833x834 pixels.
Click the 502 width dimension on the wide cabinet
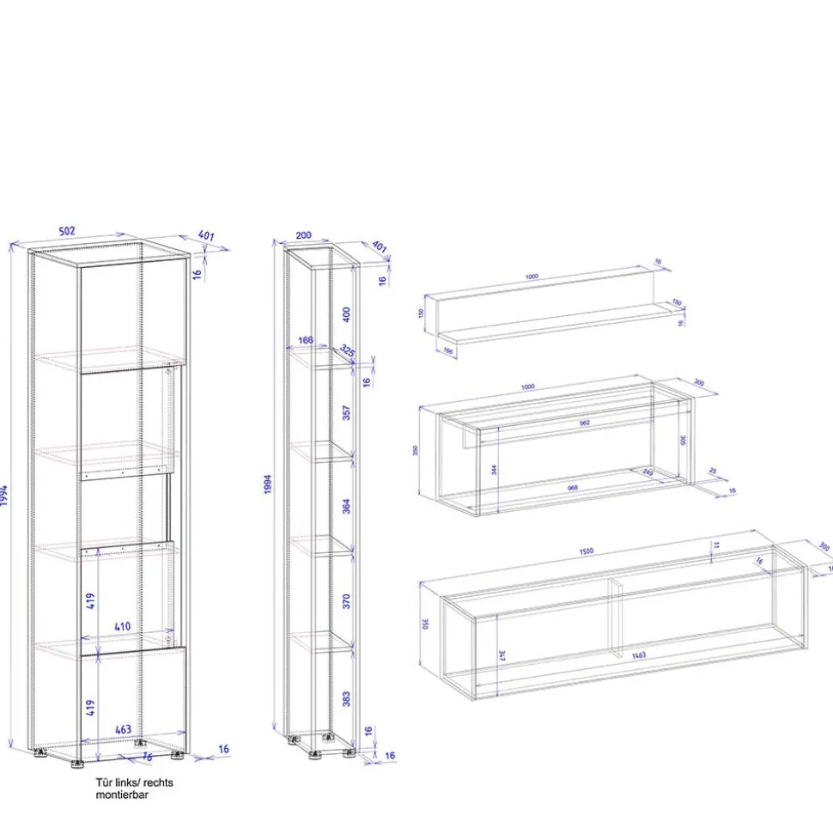point(67,230)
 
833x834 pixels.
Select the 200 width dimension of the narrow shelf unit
point(303,234)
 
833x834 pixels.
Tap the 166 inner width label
point(305,341)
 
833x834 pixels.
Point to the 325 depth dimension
point(347,351)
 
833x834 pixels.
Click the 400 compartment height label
point(347,315)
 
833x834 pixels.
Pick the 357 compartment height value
point(347,411)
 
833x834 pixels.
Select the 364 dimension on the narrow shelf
point(347,506)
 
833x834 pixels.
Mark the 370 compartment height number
point(347,600)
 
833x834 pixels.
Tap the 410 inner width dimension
point(123,626)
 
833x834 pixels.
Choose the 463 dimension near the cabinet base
point(123,729)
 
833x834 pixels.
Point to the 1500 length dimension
point(587,550)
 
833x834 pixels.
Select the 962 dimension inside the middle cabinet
point(584,423)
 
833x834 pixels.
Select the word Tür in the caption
point(103,782)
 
